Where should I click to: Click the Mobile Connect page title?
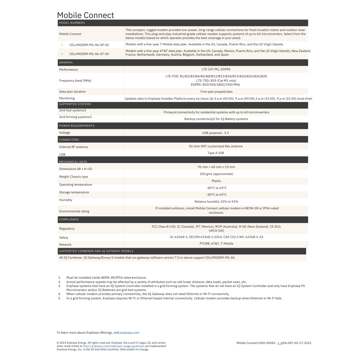pos(85,15)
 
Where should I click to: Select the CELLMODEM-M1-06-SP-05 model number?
pos(89,45)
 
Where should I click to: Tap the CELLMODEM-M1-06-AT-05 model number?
pos(89,54)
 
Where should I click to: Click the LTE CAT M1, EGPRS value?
pos(216,69)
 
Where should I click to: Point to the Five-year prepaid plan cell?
pos(216,91)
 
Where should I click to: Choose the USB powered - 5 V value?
pos(215,133)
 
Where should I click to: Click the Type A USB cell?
pos(216,153)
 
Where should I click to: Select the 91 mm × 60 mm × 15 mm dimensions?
pos(216,167)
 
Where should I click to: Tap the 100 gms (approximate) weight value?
pos(216,174)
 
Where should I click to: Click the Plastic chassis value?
pos(216,181)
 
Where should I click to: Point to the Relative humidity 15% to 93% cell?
pos(216,201)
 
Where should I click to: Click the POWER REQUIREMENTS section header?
pos(77,126)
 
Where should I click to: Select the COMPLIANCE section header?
pos(69,219)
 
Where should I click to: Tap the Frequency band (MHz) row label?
pos(75,80)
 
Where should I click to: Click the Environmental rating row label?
pos(74,211)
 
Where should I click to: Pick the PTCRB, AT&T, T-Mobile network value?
pos(216,243)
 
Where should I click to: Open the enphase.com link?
pos(130,332)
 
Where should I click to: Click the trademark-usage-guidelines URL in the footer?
pos(113,346)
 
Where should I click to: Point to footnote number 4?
pos(60,294)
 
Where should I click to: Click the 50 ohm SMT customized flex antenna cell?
pos(216,146)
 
